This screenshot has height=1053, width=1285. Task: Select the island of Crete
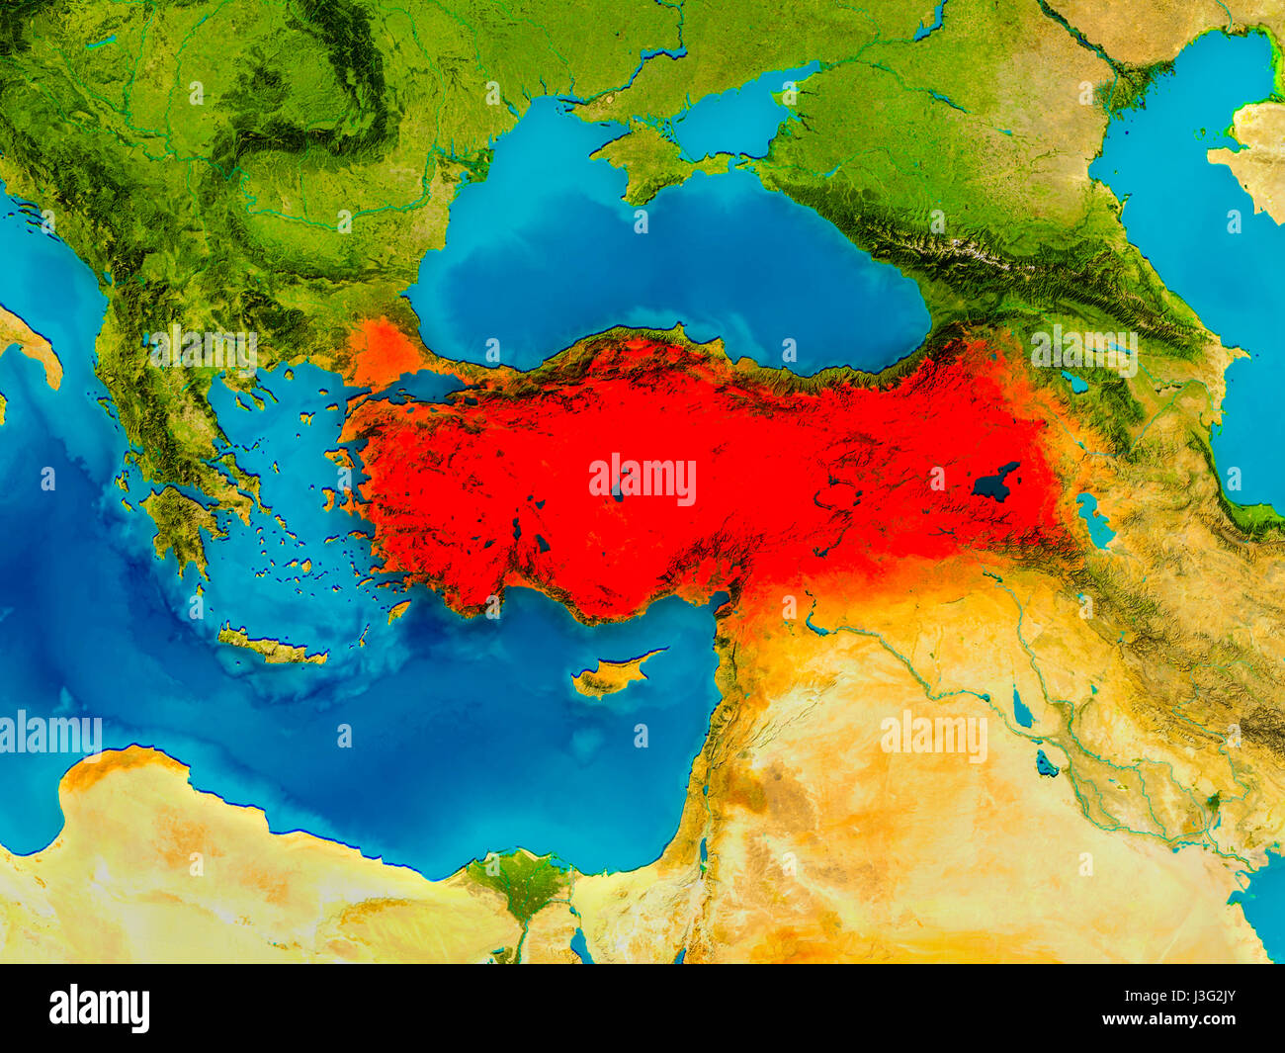[x=267, y=648]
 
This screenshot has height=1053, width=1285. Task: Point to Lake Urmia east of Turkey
[x=1093, y=520]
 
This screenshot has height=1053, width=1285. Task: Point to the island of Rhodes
[x=398, y=611]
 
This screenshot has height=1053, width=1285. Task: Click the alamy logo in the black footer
[x=100, y=1008]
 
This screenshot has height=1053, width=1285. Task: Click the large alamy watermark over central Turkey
[x=642, y=480]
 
